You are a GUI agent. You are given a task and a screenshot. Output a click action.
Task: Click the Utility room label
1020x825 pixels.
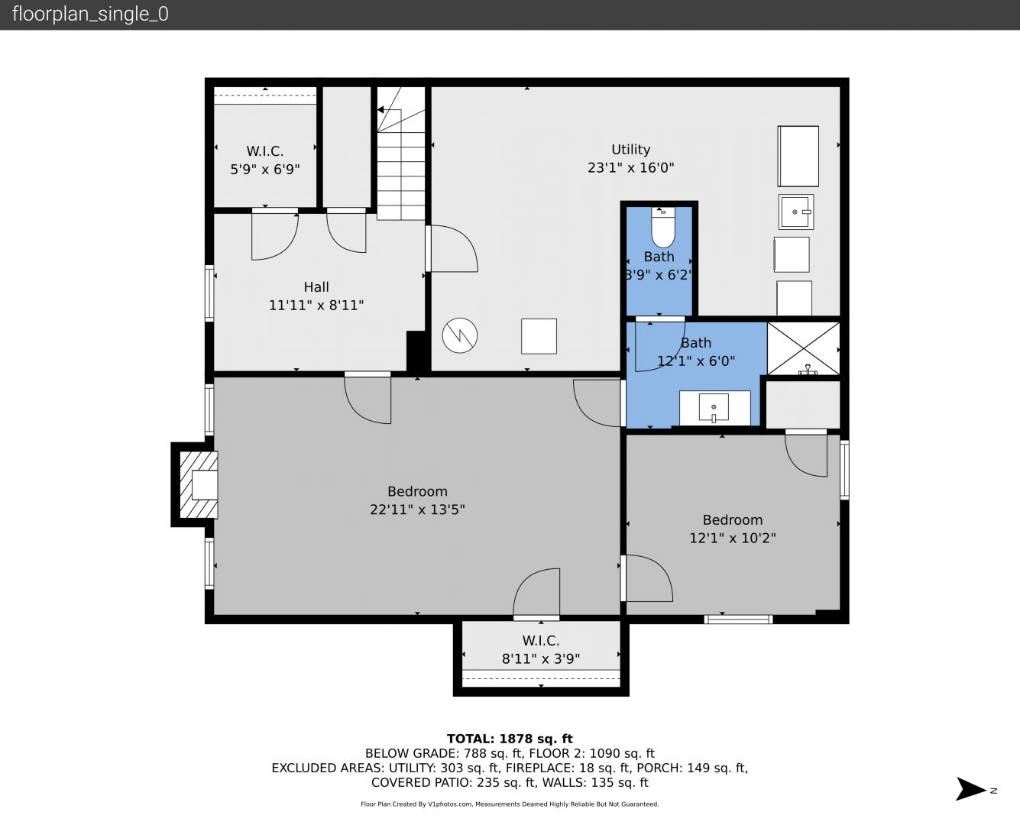pos(630,150)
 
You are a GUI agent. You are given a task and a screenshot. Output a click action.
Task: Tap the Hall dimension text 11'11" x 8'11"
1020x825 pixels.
pos(316,305)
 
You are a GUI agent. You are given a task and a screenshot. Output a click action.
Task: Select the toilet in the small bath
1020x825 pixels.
pos(662,228)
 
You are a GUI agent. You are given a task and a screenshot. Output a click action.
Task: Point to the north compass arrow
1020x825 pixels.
pos(970,789)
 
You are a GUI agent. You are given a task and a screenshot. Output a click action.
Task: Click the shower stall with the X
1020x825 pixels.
pos(804,348)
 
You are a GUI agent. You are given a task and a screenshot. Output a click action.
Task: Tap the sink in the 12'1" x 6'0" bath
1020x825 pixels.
pos(714,408)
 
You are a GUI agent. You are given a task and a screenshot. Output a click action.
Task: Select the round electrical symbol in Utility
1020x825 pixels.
pos(460,335)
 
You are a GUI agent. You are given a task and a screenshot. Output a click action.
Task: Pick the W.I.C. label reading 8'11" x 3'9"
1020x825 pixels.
pos(541,650)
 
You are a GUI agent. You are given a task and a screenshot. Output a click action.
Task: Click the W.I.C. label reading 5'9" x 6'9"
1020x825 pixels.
pos(265,160)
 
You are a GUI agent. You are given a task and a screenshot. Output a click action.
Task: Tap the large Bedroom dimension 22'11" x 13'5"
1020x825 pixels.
pos(417,510)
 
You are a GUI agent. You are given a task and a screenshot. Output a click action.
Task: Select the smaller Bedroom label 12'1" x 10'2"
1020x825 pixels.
pos(732,529)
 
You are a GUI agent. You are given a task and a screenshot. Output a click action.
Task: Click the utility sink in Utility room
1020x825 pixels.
pos(796,212)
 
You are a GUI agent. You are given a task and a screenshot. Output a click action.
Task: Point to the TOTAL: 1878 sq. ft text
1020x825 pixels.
pos(510,739)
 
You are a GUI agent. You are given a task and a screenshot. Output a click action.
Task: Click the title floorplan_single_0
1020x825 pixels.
pos(90,14)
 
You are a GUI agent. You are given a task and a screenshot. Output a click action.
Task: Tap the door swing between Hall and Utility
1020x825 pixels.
pos(452,248)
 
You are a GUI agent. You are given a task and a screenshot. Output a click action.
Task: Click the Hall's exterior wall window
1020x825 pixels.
pos(209,293)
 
